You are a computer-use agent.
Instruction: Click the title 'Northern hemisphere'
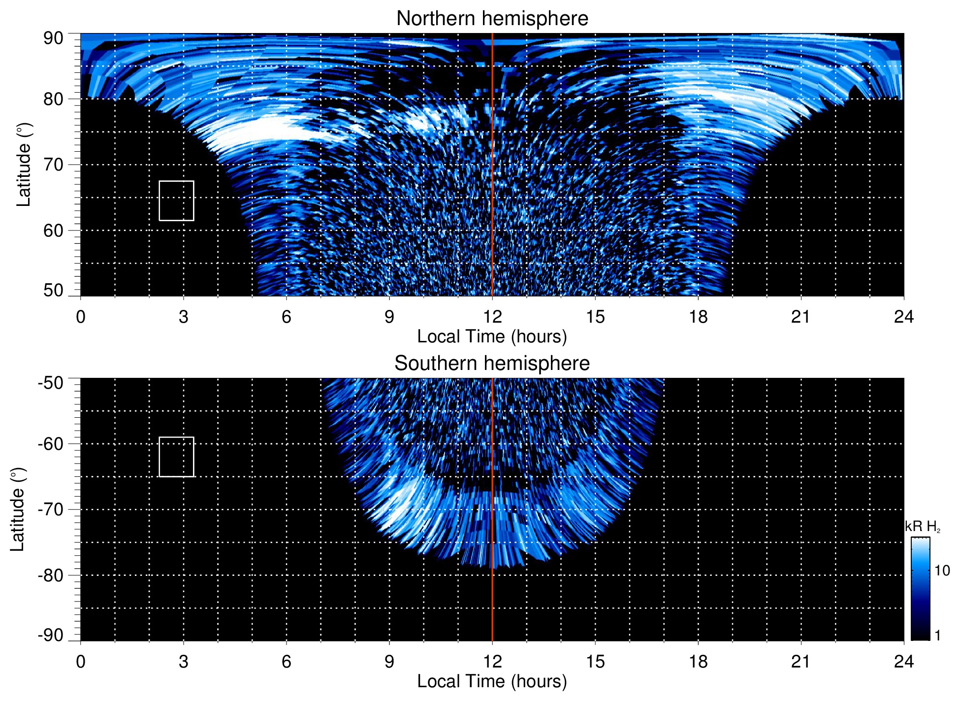click(492, 19)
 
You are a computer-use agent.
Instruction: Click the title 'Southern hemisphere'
click(492, 364)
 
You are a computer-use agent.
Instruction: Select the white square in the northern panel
click(176, 201)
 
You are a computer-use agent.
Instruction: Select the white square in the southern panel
click(176, 457)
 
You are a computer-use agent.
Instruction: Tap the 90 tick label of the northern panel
click(53, 38)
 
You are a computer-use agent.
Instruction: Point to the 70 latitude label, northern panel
click(53, 165)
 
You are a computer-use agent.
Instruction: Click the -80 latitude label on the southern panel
click(51, 575)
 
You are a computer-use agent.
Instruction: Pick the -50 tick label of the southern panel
click(51, 383)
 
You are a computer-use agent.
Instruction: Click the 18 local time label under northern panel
click(698, 317)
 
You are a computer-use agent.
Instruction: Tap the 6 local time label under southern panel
click(287, 662)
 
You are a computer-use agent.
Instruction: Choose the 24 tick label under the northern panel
click(903, 317)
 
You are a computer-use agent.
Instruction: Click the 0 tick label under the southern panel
click(81, 662)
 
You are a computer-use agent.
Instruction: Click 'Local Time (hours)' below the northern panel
click(492, 336)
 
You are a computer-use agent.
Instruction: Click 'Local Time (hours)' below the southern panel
click(492, 681)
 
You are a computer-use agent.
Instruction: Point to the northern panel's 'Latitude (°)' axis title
click(24, 165)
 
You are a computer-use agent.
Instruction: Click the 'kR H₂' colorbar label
click(923, 527)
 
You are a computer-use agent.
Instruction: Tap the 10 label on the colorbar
click(942, 570)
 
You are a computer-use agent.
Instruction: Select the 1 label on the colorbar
click(937, 635)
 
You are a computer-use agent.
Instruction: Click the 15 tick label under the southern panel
click(595, 662)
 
